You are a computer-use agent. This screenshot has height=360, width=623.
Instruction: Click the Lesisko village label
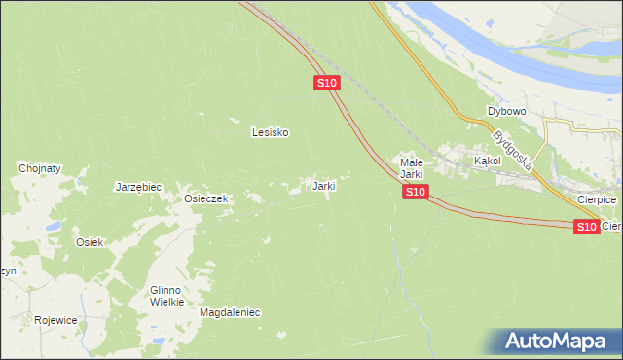tap(270, 132)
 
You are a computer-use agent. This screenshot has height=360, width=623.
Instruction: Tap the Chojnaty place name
tap(40, 168)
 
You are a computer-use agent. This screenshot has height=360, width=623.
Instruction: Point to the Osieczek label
tap(206, 198)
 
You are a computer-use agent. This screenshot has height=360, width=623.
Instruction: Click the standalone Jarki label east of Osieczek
tap(323, 185)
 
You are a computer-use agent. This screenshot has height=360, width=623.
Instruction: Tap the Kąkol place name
tap(487, 160)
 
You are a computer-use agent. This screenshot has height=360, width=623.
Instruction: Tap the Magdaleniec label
tap(230, 313)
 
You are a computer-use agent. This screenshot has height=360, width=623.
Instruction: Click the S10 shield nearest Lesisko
tap(327, 84)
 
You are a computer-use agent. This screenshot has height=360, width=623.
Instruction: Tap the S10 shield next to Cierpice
tap(586, 227)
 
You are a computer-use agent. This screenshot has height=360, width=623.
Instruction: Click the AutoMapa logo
tap(559, 342)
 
